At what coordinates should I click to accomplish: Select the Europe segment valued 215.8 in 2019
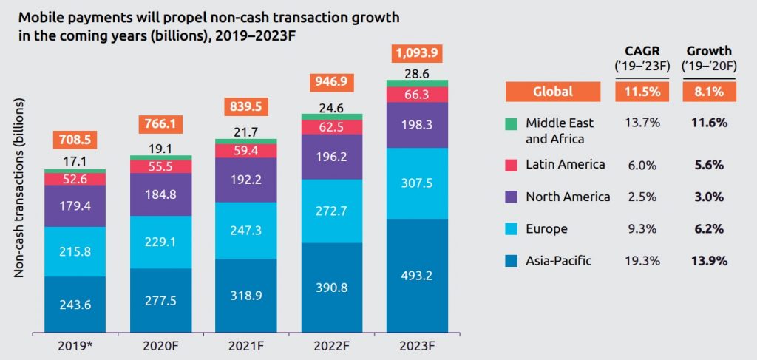click(x=75, y=251)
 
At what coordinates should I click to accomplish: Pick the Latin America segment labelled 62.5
click(x=332, y=127)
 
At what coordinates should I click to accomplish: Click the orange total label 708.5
click(x=75, y=140)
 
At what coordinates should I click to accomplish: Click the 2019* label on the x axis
click(x=75, y=345)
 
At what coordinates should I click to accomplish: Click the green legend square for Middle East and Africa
click(x=511, y=123)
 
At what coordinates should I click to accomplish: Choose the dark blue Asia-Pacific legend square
click(x=511, y=261)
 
